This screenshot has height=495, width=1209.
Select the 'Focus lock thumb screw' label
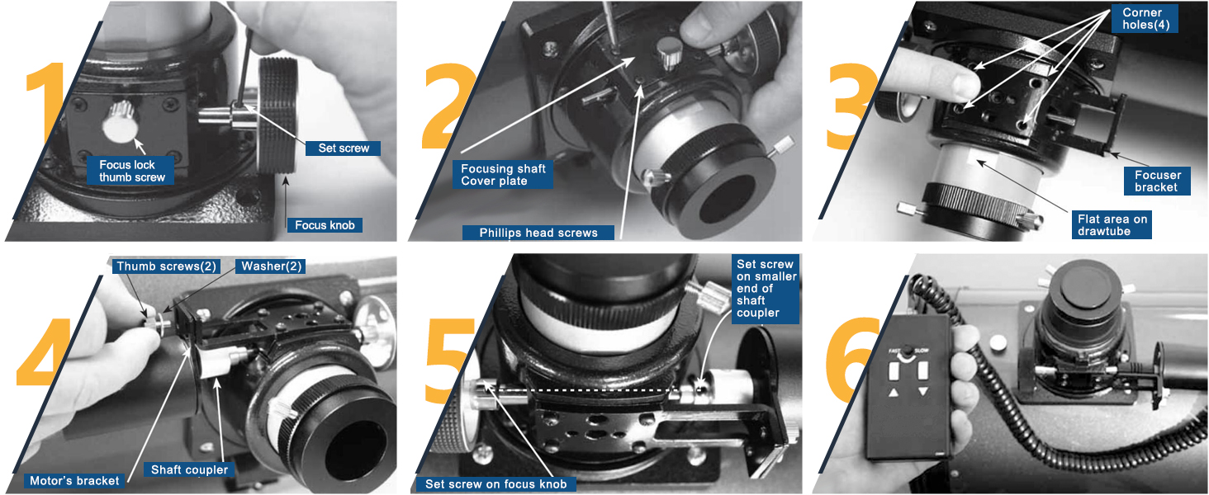click(x=132, y=171)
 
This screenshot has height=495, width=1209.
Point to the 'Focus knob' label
click(x=325, y=225)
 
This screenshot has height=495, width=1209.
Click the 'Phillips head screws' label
click(x=538, y=233)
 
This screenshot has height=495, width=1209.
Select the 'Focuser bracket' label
click(x=1157, y=181)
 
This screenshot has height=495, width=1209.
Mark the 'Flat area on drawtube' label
click(x=1112, y=225)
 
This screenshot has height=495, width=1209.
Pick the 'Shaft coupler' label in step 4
click(x=189, y=469)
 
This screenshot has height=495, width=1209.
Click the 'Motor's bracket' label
click(x=74, y=481)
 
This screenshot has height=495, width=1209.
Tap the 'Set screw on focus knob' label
click(x=495, y=483)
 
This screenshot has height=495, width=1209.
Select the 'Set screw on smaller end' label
click(x=766, y=289)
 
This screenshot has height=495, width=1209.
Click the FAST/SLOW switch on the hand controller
click(x=908, y=351)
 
